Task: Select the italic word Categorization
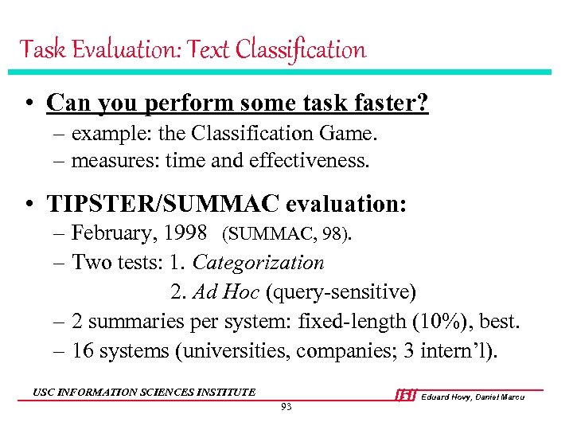click(259, 263)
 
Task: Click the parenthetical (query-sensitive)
click(341, 292)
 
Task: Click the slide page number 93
click(286, 407)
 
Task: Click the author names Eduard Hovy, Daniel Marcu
click(473, 397)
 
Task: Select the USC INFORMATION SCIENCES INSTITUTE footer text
click(144, 392)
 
